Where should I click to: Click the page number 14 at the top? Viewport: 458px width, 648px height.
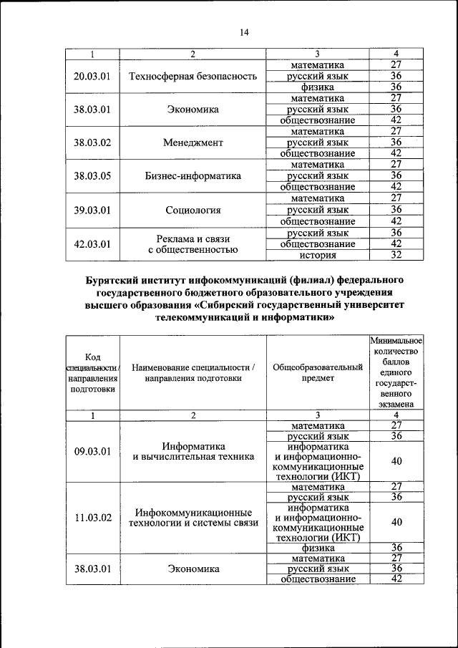point(243,32)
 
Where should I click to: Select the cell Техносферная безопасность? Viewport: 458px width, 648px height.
point(193,76)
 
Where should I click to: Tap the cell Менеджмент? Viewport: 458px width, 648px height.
point(193,142)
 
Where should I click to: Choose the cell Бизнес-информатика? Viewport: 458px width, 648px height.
point(193,175)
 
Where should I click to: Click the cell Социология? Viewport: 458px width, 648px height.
point(193,210)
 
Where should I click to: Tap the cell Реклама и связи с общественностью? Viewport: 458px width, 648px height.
point(193,243)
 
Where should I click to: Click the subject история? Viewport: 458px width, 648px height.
point(318,255)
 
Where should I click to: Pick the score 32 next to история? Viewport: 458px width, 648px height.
point(396,255)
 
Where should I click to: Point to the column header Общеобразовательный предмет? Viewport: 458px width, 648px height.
point(318,372)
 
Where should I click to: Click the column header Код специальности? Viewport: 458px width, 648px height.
point(92,372)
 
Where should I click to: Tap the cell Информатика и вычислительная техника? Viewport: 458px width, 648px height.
point(193,451)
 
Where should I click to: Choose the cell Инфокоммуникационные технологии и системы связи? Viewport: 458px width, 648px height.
point(193,518)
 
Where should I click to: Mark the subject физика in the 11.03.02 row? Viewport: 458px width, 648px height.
point(318,548)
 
